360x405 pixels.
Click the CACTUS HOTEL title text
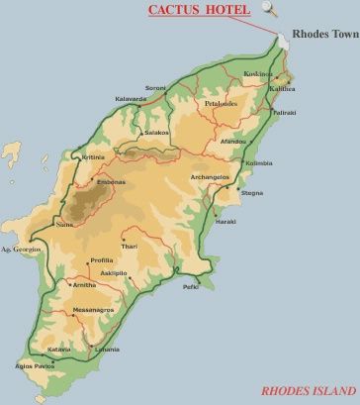click(x=198, y=11)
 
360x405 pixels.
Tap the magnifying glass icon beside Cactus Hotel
click(x=269, y=10)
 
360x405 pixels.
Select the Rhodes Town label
click(x=325, y=33)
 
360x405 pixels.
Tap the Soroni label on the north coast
click(x=156, y=87)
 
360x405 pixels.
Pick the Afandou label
click(x=234, y=142)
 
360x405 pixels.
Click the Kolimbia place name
click(x=257, y=162)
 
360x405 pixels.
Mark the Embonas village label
click(x=111, y=182)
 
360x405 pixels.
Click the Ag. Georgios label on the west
click(x=20, y=250)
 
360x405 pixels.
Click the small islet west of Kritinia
click(x=11, y=152)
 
